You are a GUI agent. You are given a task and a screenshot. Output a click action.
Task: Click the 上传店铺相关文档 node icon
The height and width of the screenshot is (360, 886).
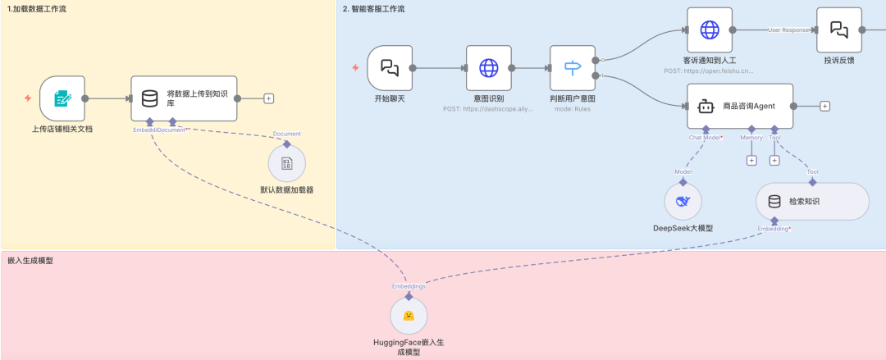[62, 98]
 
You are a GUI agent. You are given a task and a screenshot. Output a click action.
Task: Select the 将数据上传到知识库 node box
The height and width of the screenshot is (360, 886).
[185, 98]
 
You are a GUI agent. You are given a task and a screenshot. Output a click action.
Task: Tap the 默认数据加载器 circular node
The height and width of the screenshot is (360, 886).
[286, 164]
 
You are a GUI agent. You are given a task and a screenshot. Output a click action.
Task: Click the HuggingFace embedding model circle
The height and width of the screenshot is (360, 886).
[409, 315]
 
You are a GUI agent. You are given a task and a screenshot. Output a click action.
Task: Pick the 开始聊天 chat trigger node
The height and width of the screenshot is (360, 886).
[390, 68]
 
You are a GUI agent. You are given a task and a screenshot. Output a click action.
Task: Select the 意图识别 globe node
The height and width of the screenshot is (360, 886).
[489, 68]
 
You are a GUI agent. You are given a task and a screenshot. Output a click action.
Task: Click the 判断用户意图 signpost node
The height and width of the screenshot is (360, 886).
[573, 68]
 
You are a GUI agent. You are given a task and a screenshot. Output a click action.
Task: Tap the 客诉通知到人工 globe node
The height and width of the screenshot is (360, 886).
[709, 30]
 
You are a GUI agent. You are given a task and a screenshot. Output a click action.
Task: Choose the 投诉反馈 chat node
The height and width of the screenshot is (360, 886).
[838, 30]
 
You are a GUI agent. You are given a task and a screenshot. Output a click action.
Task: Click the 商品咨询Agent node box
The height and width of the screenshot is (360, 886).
[740, 106]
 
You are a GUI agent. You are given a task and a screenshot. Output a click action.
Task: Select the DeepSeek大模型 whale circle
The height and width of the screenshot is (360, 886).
[683, 201]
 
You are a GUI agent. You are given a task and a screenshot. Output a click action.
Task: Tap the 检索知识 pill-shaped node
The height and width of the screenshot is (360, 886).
[811, 201]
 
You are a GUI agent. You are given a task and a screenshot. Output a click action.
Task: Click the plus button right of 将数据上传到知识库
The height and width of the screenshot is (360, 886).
[269, 98]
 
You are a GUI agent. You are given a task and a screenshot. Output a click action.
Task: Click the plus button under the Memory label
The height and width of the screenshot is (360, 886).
[751, 160]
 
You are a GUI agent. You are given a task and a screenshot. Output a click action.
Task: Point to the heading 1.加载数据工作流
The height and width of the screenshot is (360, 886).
[38, 8]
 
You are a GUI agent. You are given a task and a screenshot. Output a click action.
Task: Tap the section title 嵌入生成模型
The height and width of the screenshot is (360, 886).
[30, 260]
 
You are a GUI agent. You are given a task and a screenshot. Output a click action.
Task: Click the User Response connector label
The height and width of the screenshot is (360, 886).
[788, 30]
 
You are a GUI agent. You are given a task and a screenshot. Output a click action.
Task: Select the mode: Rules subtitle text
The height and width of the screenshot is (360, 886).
[573, 108]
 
